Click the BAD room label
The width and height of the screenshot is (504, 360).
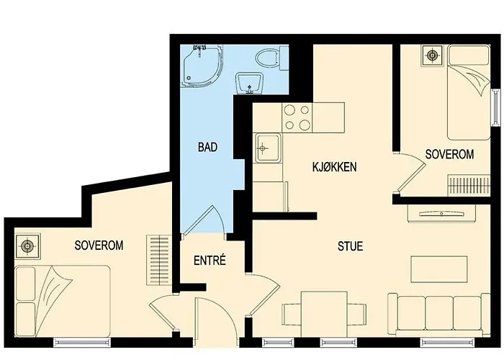coord(208,148)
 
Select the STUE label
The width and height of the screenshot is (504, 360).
coord(350,246)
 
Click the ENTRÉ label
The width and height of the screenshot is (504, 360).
coord(210,261)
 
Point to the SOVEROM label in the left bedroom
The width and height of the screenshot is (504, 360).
coord(99,245)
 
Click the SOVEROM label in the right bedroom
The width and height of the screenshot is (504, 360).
coord(449,154)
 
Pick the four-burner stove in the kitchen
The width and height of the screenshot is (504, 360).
coord(297,118)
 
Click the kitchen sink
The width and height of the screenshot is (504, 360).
coord(264,148)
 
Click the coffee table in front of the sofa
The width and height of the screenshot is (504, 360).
coord(433,269)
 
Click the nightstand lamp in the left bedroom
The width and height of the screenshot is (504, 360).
coord(28,246)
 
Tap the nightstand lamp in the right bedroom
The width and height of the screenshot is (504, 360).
coord(433,55)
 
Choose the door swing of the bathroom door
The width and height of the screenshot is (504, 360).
coord(204,220)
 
